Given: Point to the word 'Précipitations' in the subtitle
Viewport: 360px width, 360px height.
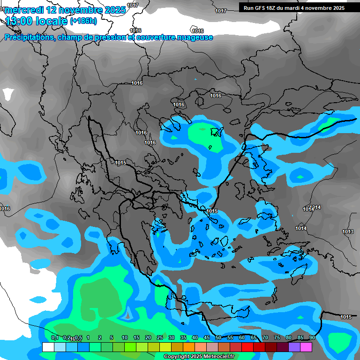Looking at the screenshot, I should pyautogui.click(x=29, y=37).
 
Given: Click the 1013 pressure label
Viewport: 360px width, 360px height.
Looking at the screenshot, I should pyautogui.click(x=348, y=232).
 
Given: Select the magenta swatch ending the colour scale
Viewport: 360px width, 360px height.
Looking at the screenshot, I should pyautogui.click(x=306, y=347).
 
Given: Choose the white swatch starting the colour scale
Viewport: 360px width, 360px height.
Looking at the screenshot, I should pyautogui.click(x=48, y=347).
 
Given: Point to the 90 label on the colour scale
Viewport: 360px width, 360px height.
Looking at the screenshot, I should pyautogui.click(x=312, y=337).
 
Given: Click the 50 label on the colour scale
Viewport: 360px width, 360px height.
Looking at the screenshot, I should pyautogui.click(x=218, y=337).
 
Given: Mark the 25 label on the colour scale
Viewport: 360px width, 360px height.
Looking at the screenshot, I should pyautogui.click(x=160, y=337).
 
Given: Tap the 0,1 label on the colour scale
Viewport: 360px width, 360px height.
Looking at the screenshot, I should pyautogui.click(x=55, y=337).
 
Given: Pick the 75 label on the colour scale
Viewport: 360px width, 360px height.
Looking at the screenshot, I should pyautogui.click(x=277, y=337).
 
